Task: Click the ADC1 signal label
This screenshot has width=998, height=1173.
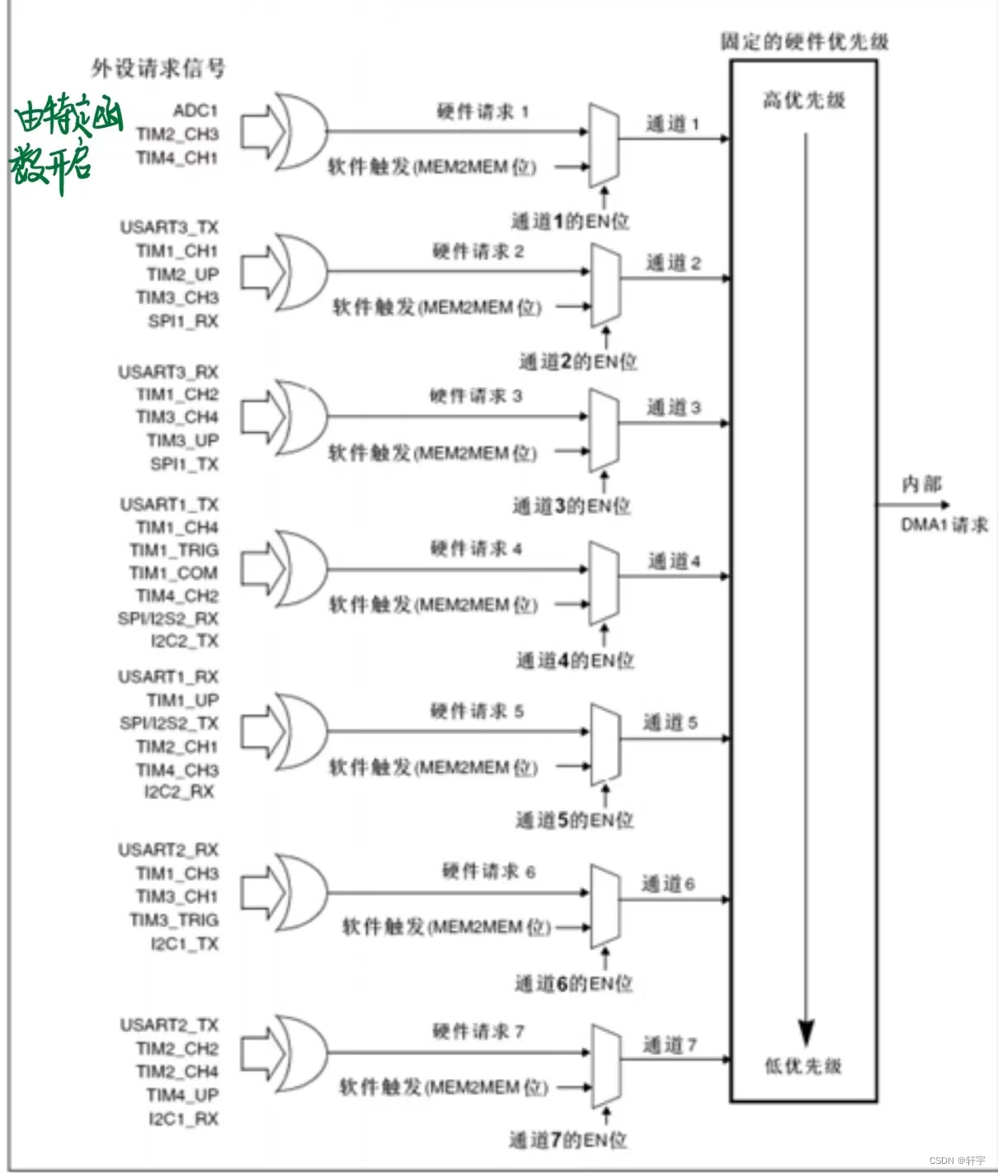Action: tap(195, 111)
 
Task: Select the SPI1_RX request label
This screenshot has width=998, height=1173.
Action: tap(183, 321)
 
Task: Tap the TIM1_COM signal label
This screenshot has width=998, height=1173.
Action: tap(174, 572)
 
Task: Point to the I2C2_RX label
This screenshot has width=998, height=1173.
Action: tap(179, 792)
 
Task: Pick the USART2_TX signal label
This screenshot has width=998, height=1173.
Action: tap(169, 1025)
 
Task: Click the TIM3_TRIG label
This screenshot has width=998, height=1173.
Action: tap(174, 920)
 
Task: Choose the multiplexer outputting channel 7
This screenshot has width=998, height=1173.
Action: tap(606, 1066)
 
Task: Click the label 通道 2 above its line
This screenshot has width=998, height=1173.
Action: tap(673, 263)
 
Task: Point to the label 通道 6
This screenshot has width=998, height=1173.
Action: tap(668, 884)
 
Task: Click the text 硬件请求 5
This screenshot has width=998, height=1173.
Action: tap(477, 711)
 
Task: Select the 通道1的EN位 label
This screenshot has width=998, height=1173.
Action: tap(570, 221)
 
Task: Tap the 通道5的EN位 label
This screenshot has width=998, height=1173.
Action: tap(574, 820)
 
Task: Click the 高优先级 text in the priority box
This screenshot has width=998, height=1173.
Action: tap(803, 101)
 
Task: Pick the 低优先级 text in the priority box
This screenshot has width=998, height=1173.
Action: tap(803, 1066)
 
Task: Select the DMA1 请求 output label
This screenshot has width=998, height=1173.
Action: tap(944, 525)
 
